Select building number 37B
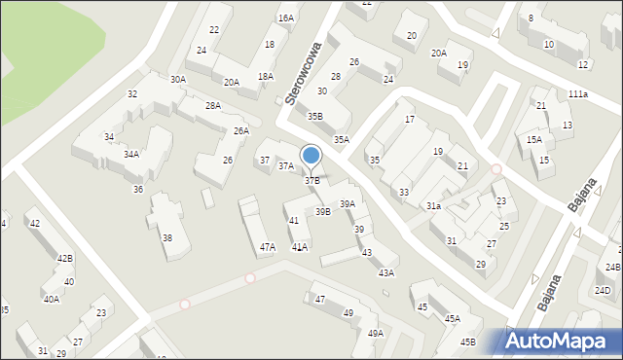pos(311,181)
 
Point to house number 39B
pos(322,211)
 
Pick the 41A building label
pos(300,247)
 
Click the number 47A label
pos(268,247)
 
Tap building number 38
pos(167,238)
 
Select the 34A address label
pos(130,154)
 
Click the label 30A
pos(177,80)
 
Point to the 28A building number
pos(212,105)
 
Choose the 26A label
pos(241,130)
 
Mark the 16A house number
pos(285,18)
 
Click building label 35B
pos(315,117)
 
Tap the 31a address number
pos(433,206)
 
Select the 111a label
pos(578,93)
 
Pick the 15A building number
pos(534,140)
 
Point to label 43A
pos(386,273)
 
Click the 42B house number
pos(65,259)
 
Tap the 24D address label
pos(604,290)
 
